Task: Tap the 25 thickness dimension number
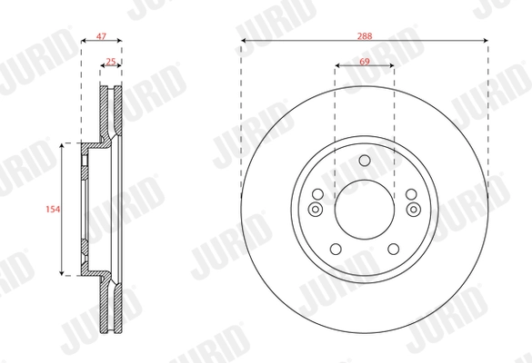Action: [111, 62]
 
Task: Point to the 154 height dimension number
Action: [53, 209]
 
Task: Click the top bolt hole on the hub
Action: [364, 161]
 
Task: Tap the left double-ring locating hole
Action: [316, 211]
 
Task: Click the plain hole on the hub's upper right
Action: [412, 194]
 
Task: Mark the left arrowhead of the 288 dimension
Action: [244, 42]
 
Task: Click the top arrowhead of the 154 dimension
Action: [63, 145]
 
